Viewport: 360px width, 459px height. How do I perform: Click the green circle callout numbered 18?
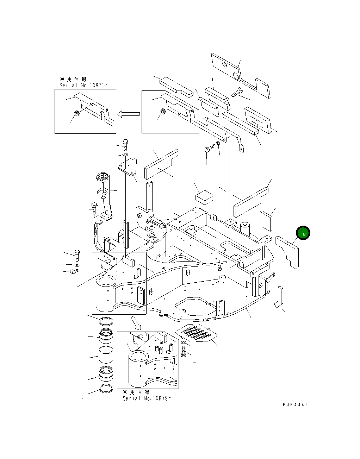(x=303, y=233)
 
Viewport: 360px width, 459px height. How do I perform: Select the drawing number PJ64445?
(x=295, y=405)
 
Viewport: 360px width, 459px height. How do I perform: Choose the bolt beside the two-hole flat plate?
(x=237, y=92)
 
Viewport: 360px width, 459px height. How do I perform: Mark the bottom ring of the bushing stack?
(x=105, y=389)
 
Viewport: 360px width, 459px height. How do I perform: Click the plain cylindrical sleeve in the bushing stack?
(x=105, y=355)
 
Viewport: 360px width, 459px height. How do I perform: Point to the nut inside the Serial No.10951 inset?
(x=76, y=113)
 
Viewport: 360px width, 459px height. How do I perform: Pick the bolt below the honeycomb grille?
(x=184, y=351)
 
